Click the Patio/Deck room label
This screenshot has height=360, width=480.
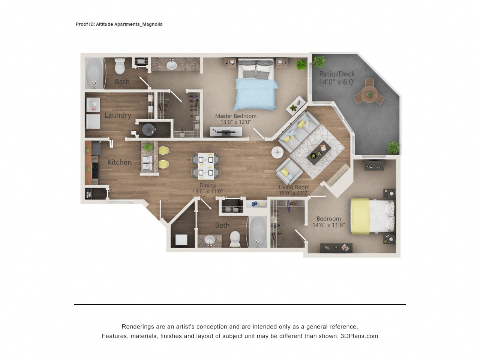pyautogui.click(x=337, y=74)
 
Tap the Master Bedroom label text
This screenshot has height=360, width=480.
pyautogui.click(x=235, y=116)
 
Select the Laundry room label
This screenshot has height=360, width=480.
pyautogui.click(x=118, y=115)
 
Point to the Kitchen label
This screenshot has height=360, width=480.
pyautogui.click(x=119, y=162)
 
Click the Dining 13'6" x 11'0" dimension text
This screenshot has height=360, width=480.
pyautogui.click(x=207, y=191)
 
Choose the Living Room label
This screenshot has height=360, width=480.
pyautogui.click(x=294, y=187)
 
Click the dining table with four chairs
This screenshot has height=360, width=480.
pyautogui.click(x=206, y=166)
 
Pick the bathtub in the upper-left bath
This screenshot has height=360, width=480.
pyautogui.click(x=93, y=73)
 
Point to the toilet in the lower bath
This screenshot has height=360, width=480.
pyautogui.click(x=235, y=238)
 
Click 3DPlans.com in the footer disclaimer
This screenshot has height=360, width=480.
pyautogui.click(x=359, y=336)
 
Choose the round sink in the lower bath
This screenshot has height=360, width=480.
pyautogui.click(x=209, y=240)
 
